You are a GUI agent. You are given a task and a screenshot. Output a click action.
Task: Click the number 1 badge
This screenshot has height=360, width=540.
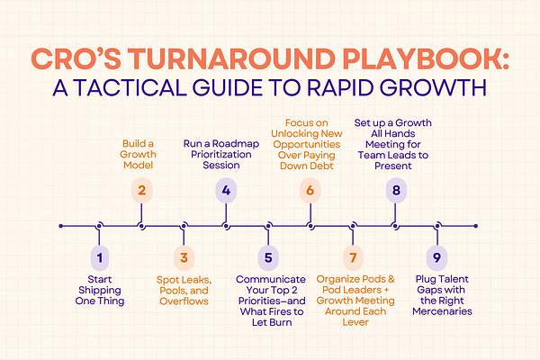100,258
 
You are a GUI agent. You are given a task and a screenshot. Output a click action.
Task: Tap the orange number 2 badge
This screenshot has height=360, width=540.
140,190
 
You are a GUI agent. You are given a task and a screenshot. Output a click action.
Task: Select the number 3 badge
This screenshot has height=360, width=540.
184,258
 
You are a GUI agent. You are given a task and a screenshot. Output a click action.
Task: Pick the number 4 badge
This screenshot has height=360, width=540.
226,190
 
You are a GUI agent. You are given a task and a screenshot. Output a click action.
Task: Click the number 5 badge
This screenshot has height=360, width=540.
267,258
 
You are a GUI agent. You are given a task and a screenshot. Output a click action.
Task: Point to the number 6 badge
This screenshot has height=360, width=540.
310,190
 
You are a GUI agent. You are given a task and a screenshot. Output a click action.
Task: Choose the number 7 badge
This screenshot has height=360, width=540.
352,258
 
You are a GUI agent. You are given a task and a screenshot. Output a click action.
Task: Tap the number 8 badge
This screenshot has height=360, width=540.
394,190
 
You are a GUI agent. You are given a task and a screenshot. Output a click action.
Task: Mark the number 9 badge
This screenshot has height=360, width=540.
437,258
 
